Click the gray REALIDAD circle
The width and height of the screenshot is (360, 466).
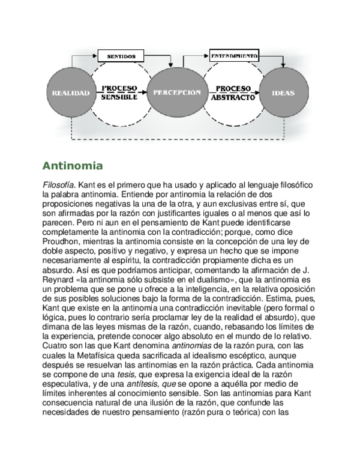[71, 92]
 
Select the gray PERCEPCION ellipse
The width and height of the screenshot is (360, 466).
[177, 92]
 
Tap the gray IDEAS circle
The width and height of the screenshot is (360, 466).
[284, 92]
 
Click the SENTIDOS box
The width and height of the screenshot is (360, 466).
[121, 56]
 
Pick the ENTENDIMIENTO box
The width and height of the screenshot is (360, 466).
[234, 56]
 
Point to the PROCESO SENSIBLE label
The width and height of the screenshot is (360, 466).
[119, 92]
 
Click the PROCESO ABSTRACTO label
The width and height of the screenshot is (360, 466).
[233, 93]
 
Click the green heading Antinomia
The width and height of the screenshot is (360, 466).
[73, 166]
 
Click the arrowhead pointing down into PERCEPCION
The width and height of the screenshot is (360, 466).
[171, 65]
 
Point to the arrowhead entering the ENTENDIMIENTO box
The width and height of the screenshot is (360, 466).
[207, 56]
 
